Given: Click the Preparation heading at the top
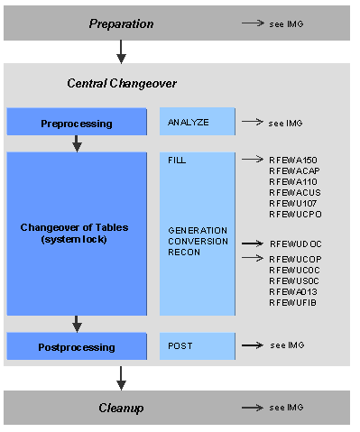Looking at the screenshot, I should (121, 23).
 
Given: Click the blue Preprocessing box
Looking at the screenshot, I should (77, 123).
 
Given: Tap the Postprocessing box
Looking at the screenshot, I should (77, 346).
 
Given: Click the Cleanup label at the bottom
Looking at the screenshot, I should (121, 408).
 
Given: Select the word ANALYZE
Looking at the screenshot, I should (188, 121).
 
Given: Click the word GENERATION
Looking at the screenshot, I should (197, 230).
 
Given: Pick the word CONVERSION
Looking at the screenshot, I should (197, 241).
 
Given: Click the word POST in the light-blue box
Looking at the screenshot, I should (180, 345).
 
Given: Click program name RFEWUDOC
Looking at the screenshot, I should (293, 244).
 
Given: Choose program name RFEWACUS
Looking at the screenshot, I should (292, 191).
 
